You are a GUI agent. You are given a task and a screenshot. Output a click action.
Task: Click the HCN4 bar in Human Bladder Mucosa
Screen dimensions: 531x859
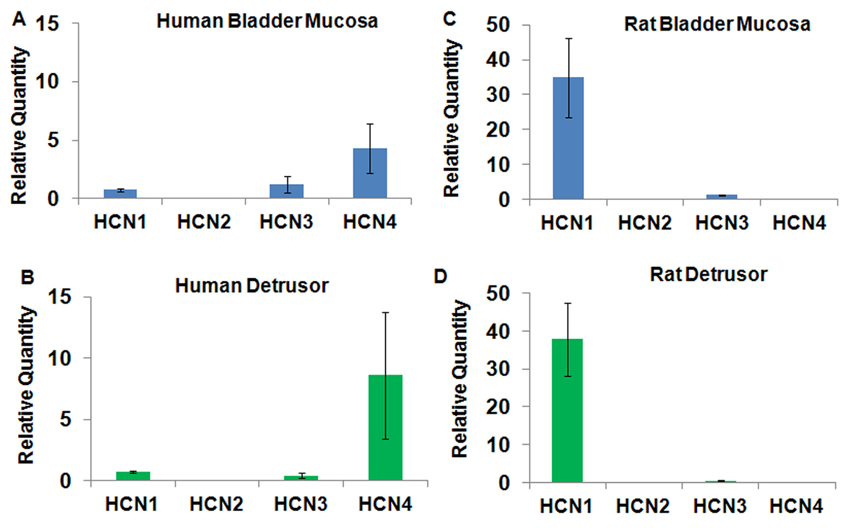(370, 173)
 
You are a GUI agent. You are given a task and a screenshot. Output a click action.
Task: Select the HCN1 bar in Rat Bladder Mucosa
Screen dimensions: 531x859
(568, 138)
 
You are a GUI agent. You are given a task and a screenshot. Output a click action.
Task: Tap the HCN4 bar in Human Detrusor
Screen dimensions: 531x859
(385, 427)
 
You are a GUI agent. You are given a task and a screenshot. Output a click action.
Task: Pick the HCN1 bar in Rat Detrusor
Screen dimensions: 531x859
(567, 410)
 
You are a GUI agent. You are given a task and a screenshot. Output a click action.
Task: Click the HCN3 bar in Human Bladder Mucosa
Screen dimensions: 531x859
(287, 191)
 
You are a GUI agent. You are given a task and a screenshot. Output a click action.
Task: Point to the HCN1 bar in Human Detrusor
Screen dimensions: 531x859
(133, 475)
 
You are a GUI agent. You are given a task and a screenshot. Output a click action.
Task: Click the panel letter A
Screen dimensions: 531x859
(20, 20)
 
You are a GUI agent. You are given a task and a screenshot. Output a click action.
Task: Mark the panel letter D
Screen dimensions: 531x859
(441, 276)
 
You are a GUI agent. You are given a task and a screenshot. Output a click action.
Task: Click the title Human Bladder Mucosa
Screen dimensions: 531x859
(267, 21)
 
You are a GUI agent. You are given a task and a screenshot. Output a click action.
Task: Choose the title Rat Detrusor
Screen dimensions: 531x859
(708, 274)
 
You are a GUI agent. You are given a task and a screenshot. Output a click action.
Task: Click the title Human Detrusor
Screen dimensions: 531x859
(251, 285)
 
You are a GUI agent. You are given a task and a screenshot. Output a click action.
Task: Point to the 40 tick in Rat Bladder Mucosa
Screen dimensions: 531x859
(498, 59)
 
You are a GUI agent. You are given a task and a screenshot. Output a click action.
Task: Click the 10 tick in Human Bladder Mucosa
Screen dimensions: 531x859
(47, 82)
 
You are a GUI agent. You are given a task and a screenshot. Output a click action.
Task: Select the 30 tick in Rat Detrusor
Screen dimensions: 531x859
(498, 369)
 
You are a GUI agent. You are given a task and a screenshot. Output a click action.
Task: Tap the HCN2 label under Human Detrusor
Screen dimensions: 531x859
(216, 504)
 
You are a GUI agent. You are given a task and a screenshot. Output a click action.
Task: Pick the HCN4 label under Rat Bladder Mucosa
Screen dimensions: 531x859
(799, 223)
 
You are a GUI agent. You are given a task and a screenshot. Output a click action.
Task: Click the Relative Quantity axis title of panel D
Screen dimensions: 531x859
(460, 379)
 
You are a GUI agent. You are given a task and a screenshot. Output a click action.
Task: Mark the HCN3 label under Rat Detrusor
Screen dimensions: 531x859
(720, 506)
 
